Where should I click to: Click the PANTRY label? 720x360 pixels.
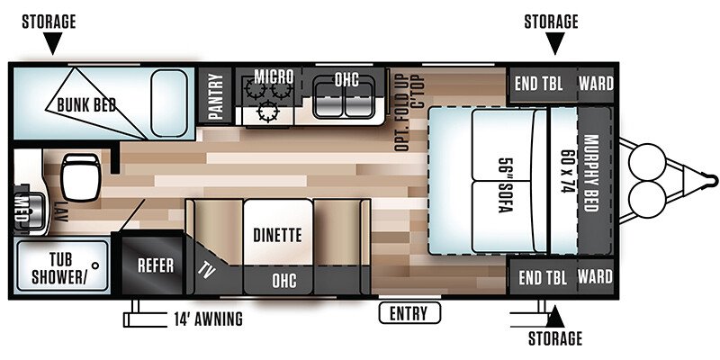[x=215, y=96]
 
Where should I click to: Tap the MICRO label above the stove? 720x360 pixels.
[x=274, y=76]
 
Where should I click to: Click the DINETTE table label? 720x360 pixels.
[x=277, y=235]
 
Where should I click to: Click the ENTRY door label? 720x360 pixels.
[x=409, y=313]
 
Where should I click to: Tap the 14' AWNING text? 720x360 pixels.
[x=208, y=319]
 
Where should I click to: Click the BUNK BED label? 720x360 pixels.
[x=86, y=104]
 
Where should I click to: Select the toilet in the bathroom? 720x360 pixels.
[x=80, y=177]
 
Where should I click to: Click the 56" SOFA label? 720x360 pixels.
[x=506, y=185]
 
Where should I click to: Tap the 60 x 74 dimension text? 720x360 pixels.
[x=568, y=171]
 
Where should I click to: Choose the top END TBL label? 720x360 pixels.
[x=538, y=84]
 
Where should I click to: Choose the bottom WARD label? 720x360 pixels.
[x=595, y=277]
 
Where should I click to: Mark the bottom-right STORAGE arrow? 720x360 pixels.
[x=554, y=317]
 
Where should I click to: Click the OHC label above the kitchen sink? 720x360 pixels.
[x=346, y=79]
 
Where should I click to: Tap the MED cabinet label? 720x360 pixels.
[x=21, y=208]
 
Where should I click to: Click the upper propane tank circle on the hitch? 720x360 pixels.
[x=647, y=161]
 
